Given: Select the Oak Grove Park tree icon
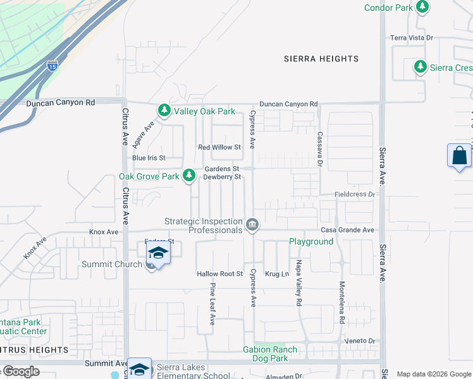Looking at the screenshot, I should [x=189, y=176].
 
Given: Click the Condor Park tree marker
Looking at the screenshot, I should [x=422, y=8].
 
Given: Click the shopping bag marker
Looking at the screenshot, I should [x=459, y=156].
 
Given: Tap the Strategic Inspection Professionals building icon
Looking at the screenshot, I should [x=252, y=224].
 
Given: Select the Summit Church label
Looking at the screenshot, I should [x=111, y=264].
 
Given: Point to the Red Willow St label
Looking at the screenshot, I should [x=219, y=147].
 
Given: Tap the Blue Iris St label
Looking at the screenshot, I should [x=148, y=157].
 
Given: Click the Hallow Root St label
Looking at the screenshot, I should [x=219, y=274].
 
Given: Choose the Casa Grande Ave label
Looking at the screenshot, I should [x=347, y=230].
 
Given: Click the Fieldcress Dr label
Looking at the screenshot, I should [x=354, y=195].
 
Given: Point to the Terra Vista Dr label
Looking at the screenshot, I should [x=411, y=38].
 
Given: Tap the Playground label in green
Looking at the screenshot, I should [x=311, y=242].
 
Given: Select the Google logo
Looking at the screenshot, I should [x=20, y=371].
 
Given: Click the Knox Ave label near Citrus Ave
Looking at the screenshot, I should [x=104, y=232].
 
